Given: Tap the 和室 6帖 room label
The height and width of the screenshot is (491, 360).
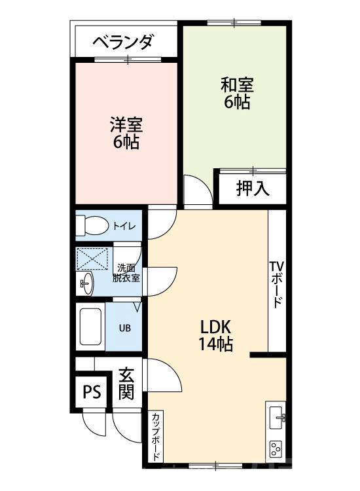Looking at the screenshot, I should click(236, 94).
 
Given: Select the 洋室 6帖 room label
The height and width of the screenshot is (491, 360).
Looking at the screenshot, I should click(125, 133).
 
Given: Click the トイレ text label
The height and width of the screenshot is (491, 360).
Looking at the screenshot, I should click(124, 227).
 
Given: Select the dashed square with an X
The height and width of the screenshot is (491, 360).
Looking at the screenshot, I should click(94, 259).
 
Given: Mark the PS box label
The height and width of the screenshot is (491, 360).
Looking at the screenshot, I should click(92, 392).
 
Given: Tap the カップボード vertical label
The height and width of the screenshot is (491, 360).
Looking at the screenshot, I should click(157, 437).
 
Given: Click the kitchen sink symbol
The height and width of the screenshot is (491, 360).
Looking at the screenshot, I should click(276, 417).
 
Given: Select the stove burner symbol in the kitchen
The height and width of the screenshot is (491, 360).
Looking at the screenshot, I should click(276, 450).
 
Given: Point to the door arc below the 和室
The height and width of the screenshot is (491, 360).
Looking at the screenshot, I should click(196, 190).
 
